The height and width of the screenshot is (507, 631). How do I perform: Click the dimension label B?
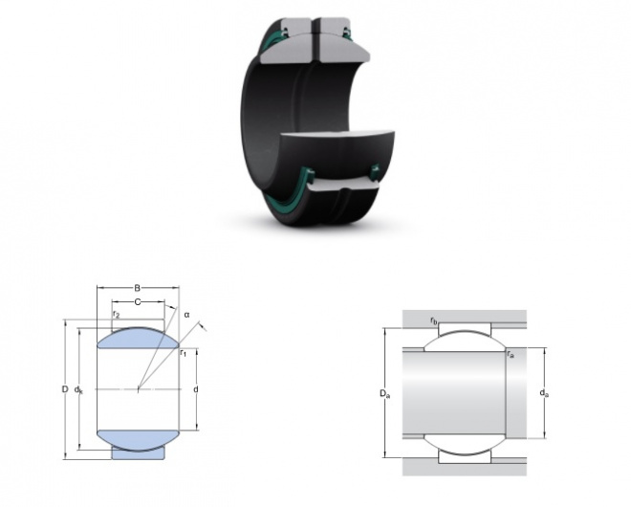pos(138,288)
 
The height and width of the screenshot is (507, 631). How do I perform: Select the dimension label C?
pos(138,301)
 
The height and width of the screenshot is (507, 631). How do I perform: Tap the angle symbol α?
pos(186,315)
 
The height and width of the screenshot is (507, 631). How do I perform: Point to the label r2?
pos(116,314)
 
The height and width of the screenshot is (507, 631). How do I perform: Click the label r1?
pos(184,353)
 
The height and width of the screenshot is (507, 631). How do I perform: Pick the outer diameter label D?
pos(65,389)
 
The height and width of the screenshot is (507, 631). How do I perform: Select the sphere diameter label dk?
pos(78,389)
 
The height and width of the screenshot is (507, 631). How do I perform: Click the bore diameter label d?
pos(196,389)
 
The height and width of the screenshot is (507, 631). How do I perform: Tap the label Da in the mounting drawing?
pos(384,393)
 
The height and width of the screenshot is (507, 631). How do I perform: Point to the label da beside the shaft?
pos(544,392)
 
